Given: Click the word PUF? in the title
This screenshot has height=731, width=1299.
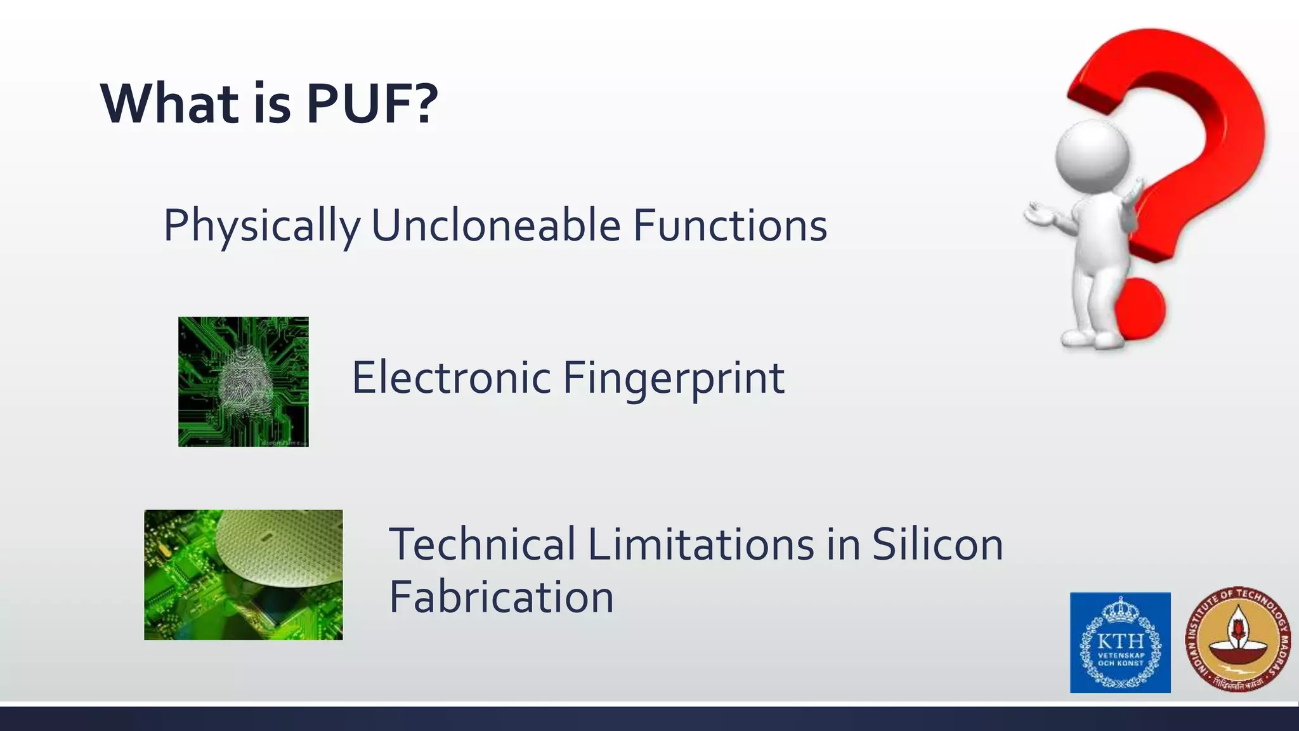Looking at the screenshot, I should (372, 104).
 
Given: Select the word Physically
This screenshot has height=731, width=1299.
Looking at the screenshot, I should (261, 227).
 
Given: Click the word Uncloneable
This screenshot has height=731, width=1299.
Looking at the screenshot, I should (495, 225).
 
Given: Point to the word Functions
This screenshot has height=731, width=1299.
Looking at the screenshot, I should (729, 225).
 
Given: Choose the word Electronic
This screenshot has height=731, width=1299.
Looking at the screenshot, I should (451, 378).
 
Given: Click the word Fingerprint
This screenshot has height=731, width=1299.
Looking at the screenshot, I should (674, 379).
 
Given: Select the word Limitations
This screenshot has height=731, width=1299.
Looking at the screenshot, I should (701, 544).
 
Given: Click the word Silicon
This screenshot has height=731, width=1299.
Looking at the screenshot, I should (937, 544).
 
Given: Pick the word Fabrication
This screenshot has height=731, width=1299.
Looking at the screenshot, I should (501, 597).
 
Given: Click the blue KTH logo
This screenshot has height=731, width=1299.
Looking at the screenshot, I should (1120, 642).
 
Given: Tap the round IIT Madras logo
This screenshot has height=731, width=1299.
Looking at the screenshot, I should (1237, 640).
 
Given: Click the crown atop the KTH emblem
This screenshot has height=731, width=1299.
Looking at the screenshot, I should (1121, 609).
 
